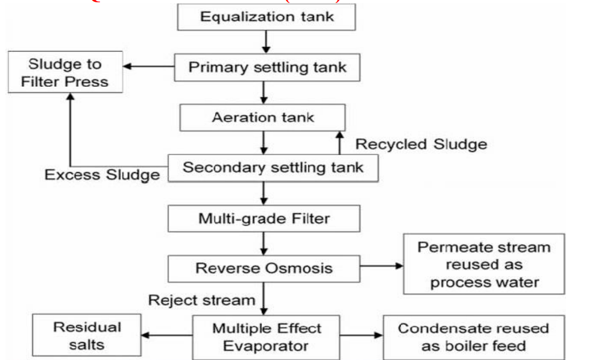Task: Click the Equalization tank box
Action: click(x=266, y=17)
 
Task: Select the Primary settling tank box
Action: click(x=267, y=67)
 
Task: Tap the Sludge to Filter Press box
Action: click(x=65, y=72)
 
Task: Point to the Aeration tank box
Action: click(x=263, y=117)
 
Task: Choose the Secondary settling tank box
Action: click(x=272, y=167)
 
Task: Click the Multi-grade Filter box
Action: click(x=264, y=218)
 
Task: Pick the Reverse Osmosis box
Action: click(x=263, y=268)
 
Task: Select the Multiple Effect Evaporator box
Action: click(x=266, y=337)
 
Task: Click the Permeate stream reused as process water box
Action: click(x=484, y=264)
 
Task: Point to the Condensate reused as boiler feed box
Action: click(x=474, y=337)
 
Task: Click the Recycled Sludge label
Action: click(x=420, y=144)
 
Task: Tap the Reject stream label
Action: click(x=201, y=299)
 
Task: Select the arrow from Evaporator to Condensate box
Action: click(x=360, y=336)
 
